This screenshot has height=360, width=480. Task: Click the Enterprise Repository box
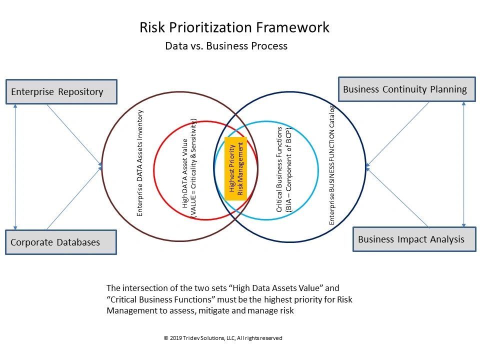[61, 92]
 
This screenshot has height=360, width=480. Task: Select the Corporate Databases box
[61, 242]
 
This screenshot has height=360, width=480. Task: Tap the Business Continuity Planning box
[407, 89]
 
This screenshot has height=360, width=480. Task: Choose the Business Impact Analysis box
[414, 239]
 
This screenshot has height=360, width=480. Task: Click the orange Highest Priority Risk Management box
[235, 169]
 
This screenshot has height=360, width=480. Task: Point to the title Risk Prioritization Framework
[234, 27]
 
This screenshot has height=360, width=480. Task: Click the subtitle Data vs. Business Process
[226, 46]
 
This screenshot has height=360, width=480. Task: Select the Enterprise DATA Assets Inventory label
[139, 163]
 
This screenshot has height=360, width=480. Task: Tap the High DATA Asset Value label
[185, 173]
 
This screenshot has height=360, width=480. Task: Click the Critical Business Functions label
[279, 169]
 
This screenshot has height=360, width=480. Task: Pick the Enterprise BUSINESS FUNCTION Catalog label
[332, 165]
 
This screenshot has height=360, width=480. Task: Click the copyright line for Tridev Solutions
[223, 338]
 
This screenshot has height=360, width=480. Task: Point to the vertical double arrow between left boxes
[15, 167]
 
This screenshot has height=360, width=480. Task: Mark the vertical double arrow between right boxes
[464, 164]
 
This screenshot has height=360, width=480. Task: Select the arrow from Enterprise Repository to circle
[74, 135]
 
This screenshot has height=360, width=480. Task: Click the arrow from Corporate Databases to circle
[74, 198]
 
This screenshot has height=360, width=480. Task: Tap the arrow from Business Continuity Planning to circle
[397, 134]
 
